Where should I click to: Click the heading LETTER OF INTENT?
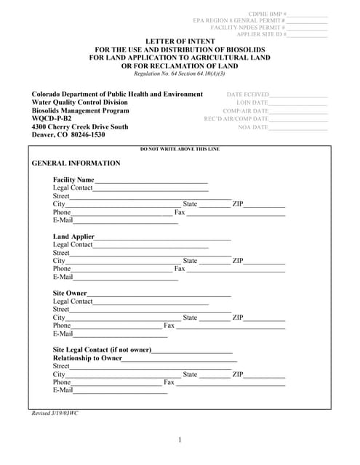pyautogui.click(x=180, y=41)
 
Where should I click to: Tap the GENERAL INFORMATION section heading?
pyautogui.click(x=76, y=163)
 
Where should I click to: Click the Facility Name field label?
pyautogui.click(x=73, y=179)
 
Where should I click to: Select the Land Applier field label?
pyautogui.click(x=73, y=237)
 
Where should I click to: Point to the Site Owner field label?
pyautogui.click(x=70, y=294)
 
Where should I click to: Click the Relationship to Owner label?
pyautogui.click(x=87, y=358)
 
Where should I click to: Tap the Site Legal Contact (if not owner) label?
pyautogui.click(x=102, y=350)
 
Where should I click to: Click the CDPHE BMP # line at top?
pyautogui.click(x=268, y=14)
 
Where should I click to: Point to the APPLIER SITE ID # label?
pyautogui.click(x=262, y=34)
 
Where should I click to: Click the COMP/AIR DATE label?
pyautogui.click(x=245, y=111)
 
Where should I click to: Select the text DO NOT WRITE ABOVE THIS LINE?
pyautogui.click(x=180, y=149)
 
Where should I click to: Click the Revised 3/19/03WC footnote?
pyautogui.click(x=55, y=413)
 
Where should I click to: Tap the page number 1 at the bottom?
pyautogui.click(x=180, y=440)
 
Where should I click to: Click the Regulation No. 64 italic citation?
pyautogui.click(x=180, y=73)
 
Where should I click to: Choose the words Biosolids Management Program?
pyautogui.click(x=80, y=110)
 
